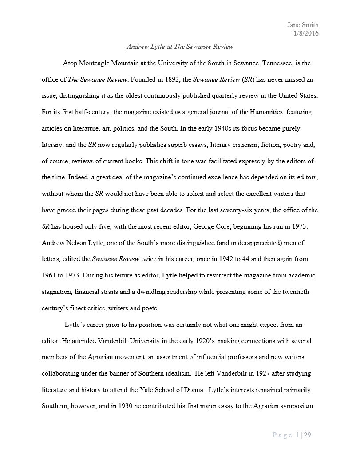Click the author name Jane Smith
(x=303, y=25)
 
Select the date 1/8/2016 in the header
(x=306, y=33)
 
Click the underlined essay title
(x=180, y=47)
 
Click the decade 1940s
(x=210, y=129)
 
